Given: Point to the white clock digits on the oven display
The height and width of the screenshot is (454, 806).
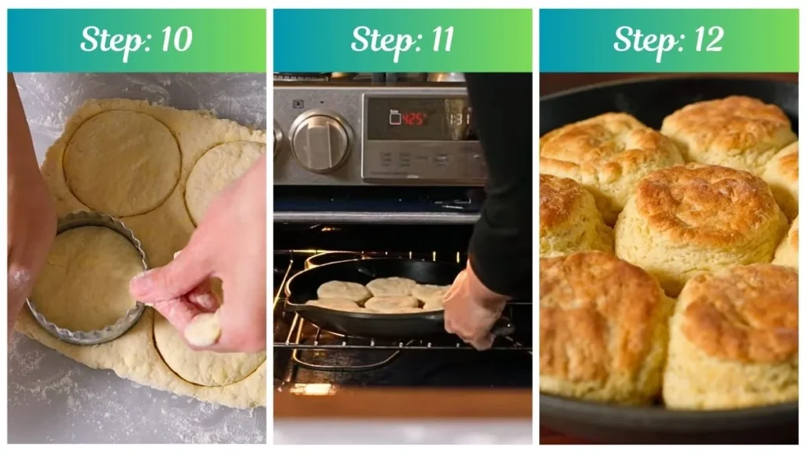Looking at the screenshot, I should click(460, 119).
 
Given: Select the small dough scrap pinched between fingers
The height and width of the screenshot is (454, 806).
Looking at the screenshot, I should click(202, 330).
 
